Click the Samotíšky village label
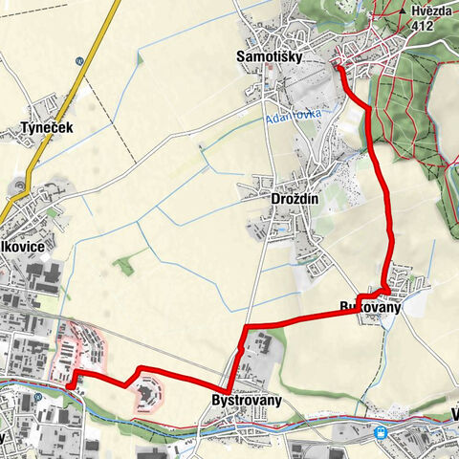270,56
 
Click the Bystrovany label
249,398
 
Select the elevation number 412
425,25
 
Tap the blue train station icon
382,432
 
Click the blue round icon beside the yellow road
79,60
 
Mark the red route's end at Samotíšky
337,65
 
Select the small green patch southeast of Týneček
123,265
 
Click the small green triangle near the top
141,58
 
